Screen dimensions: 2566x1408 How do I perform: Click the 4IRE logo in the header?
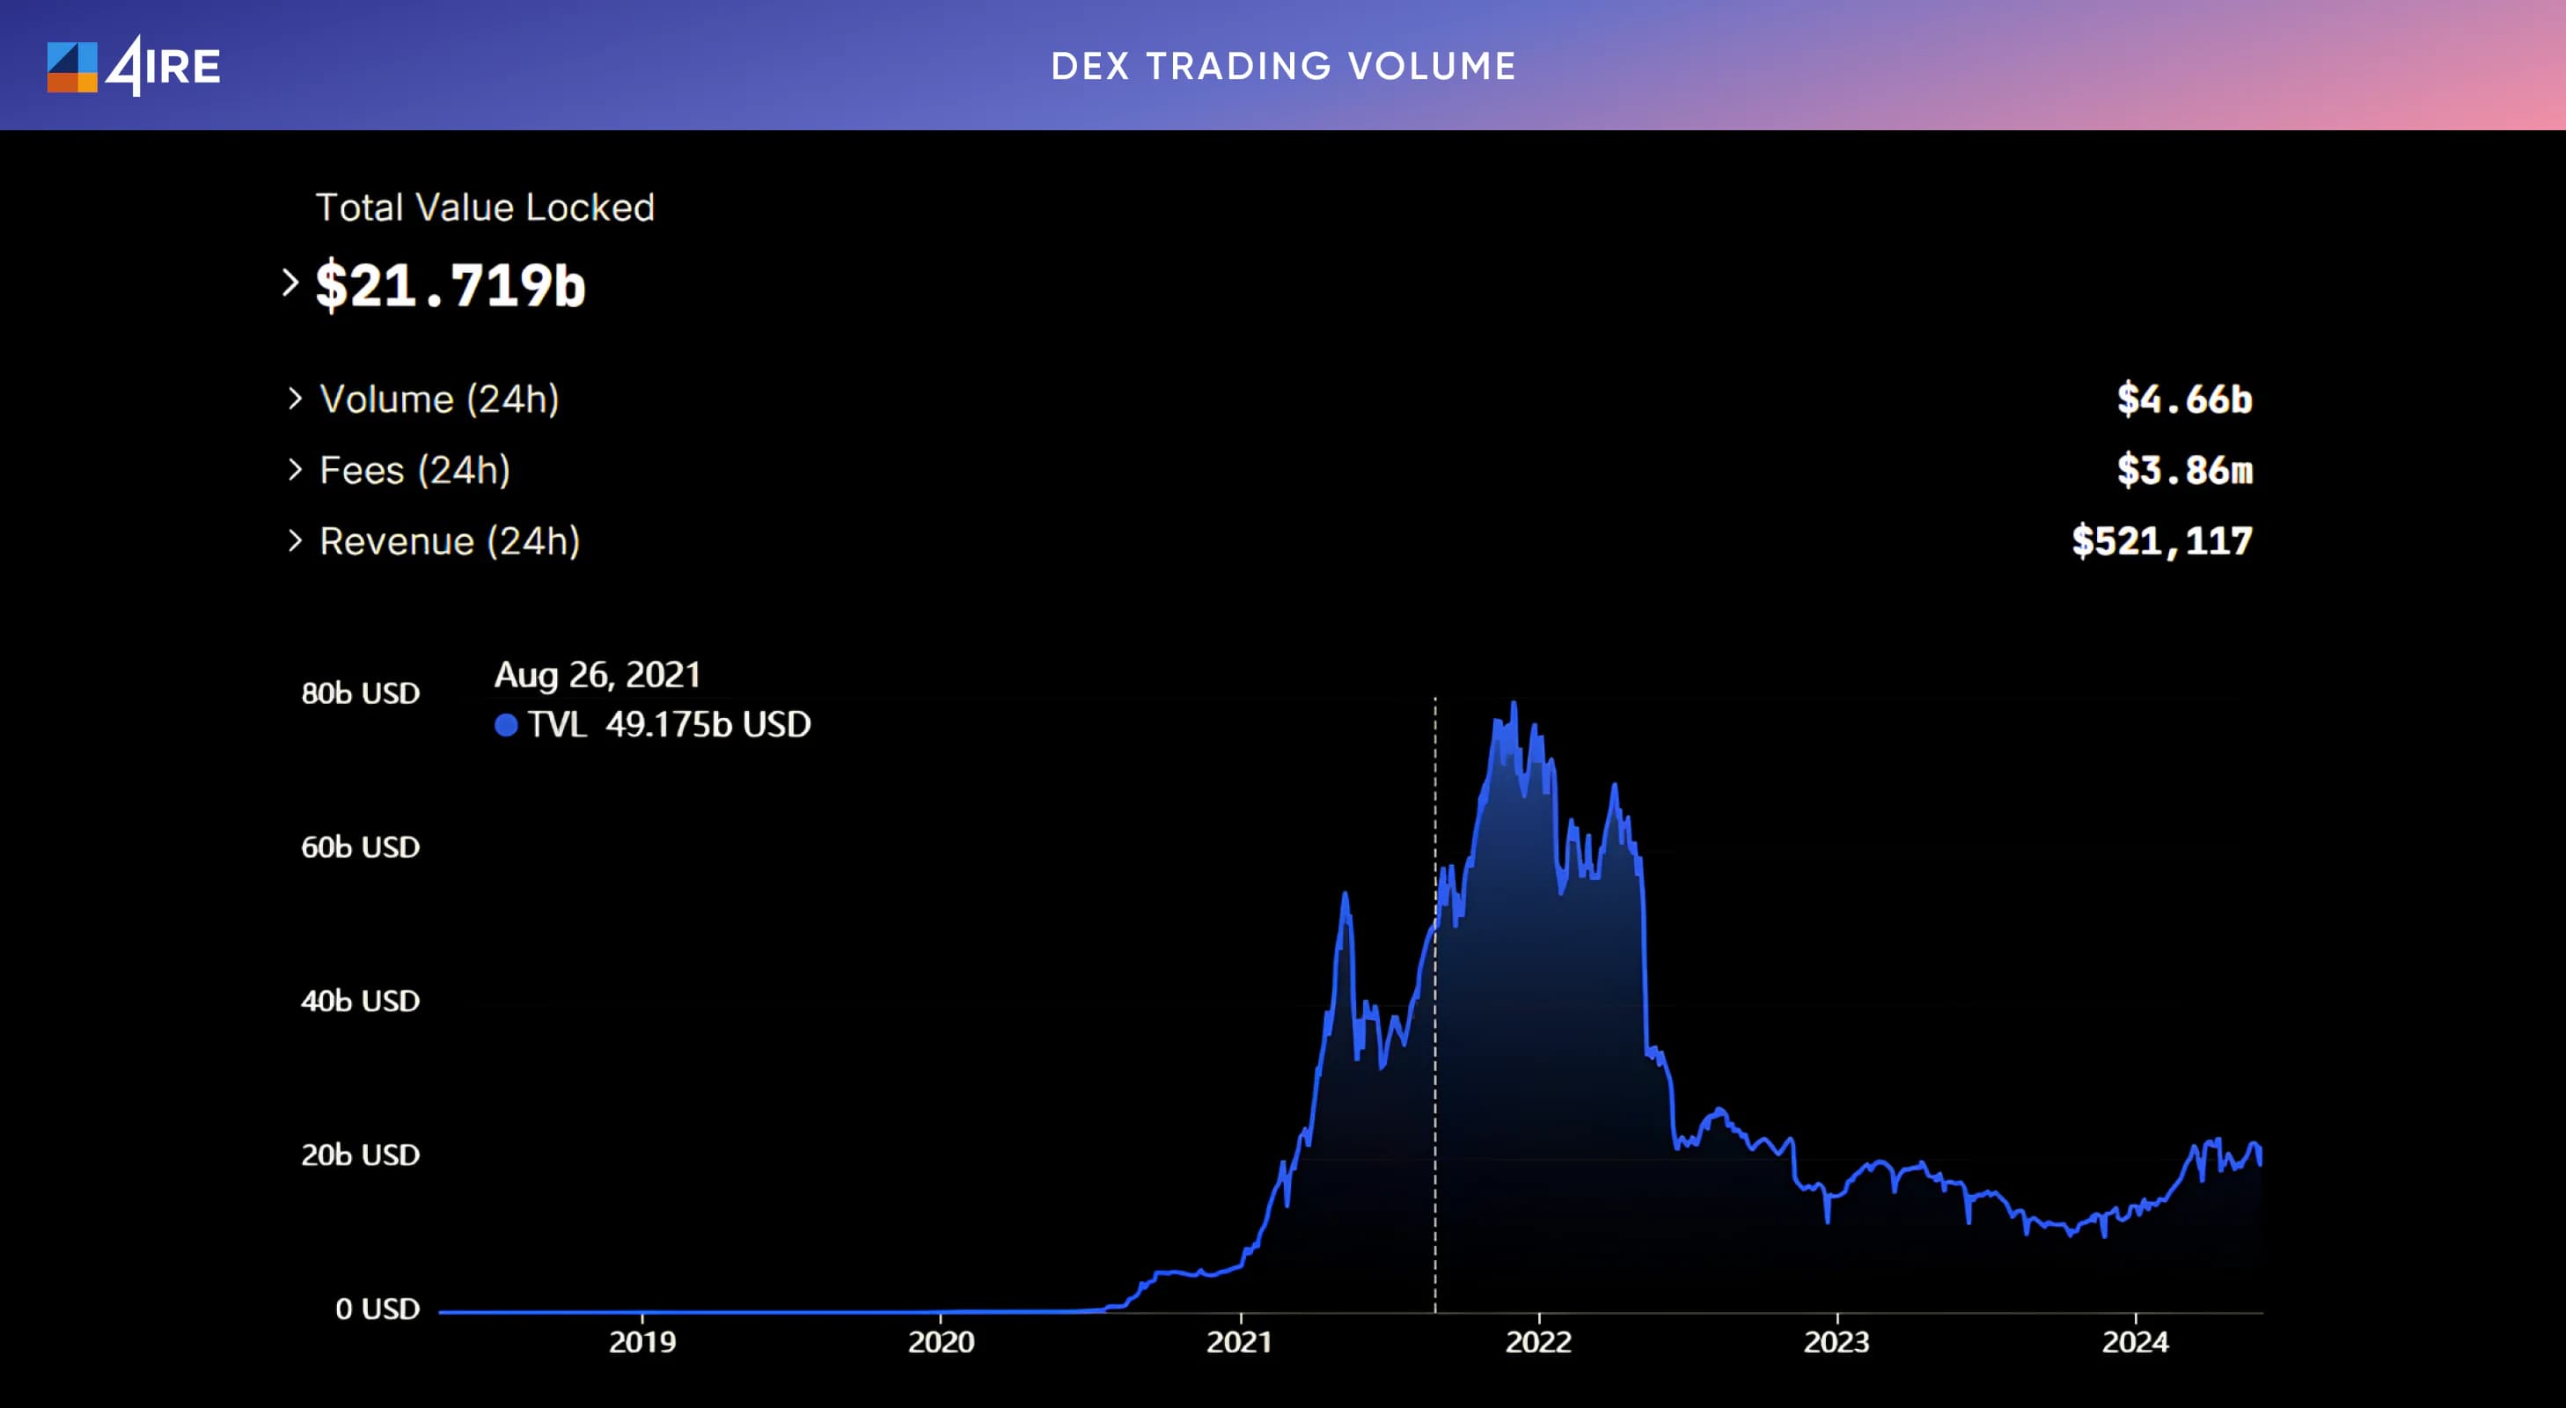134,67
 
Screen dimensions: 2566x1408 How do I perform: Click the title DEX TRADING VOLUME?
1283,67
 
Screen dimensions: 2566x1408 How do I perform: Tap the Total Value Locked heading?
485,208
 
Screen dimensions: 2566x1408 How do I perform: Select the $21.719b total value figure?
451,286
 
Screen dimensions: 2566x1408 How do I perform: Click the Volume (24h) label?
439,399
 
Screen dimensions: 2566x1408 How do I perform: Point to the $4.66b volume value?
2184,399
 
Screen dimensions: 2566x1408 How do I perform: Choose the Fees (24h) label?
414,470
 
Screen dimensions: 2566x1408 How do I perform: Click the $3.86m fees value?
2184,470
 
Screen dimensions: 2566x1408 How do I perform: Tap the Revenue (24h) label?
450,541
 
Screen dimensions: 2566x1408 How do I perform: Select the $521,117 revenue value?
2161,541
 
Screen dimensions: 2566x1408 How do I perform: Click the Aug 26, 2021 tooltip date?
598,676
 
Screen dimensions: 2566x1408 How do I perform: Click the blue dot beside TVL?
506,724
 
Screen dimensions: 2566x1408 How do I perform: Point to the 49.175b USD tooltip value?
708,724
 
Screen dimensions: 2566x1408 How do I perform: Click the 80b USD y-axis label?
361,693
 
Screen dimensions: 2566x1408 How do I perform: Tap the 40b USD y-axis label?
361,1001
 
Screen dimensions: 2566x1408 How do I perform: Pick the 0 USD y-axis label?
378,1309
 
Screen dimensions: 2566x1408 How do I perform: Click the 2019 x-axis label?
642,1342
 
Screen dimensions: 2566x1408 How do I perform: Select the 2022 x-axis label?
1538,1342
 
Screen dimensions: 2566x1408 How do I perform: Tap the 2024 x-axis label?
2135,1342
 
